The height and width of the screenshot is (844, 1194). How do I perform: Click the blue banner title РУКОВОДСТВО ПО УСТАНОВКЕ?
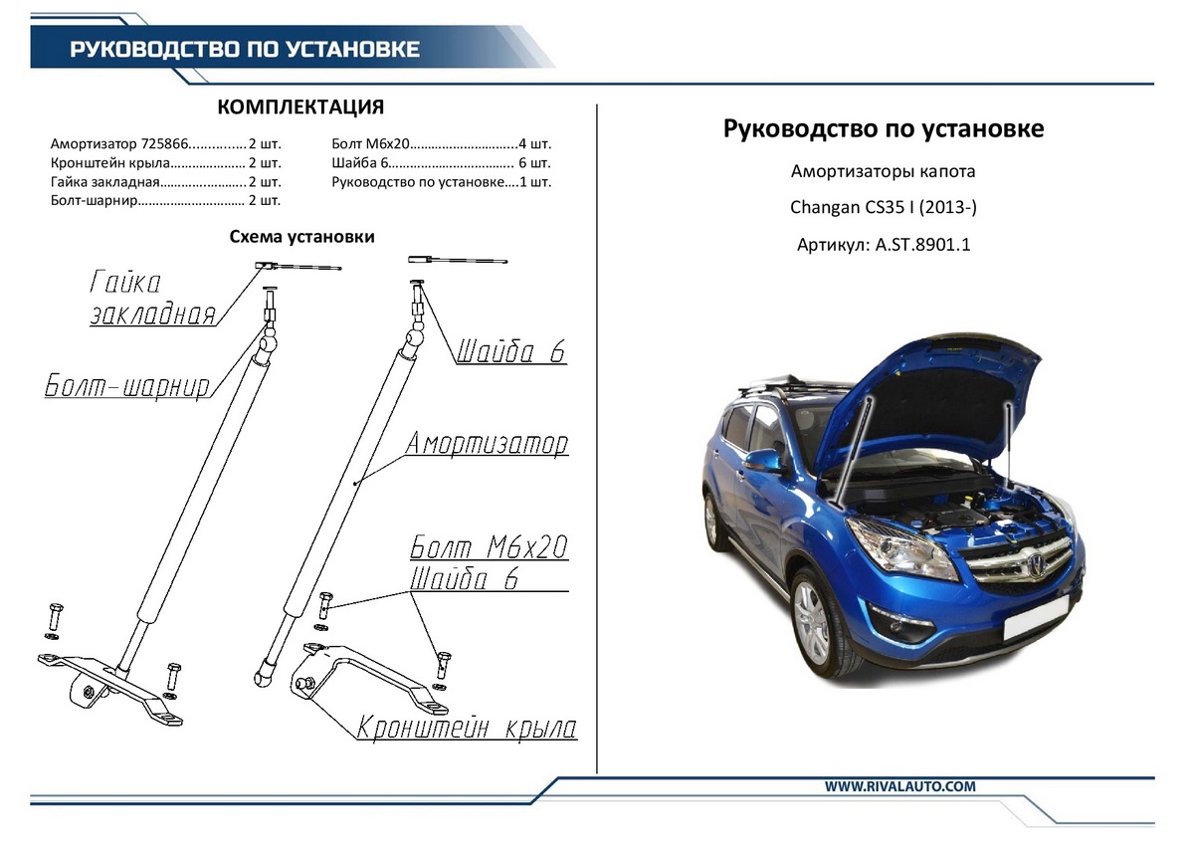[x=244, y=50]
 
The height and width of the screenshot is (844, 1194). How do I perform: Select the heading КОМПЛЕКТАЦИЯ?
[x=299, y=107]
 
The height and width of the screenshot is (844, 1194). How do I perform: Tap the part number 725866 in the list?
[x=162, y=143]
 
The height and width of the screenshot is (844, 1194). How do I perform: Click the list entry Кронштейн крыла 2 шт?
[x=165, y=162]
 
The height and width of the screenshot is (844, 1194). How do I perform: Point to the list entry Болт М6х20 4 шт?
[x=441, y=143]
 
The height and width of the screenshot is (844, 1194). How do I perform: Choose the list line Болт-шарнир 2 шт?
[x=165, y=200]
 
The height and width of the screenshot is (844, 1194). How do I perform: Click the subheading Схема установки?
[x=301, y=237]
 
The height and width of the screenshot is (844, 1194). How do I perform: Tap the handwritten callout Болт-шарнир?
[x=127, y=386]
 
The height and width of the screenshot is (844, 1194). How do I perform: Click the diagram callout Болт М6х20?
[x=488, y=547]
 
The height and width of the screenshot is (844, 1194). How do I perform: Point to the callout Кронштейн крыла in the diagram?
[x=467, y=728]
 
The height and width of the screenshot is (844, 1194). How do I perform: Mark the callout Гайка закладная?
[x=151, y=299]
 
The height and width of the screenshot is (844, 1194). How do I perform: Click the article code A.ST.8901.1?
[x=922, y=244]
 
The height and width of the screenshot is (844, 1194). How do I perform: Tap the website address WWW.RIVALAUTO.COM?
[x=899, y=786]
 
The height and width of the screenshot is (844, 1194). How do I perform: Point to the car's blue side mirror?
[x=764, y=461]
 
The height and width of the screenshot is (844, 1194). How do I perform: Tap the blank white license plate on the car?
[x=1038, y=624]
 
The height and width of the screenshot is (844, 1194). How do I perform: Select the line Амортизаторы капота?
[x=884, y=171]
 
